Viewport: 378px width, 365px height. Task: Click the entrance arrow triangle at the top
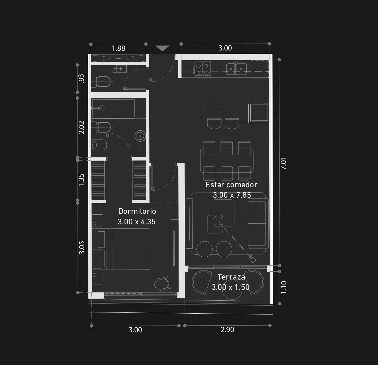[162, 48]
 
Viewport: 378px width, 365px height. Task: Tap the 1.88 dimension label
[118, 48]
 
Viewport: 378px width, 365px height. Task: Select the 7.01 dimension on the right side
[283, 163]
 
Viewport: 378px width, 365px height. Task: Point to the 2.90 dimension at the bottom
[227, 330]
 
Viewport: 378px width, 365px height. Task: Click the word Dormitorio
[137, 211]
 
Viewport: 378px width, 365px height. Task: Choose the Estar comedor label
[231, 185]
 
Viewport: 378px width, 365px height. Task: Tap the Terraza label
[231, 277]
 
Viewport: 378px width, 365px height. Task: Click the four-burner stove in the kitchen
[201, 68]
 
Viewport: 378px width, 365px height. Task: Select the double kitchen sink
[237, 69]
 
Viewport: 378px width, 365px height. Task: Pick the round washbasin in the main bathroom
[140, 136]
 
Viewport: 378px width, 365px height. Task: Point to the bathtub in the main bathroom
[113, 108]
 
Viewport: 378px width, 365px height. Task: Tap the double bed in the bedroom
[122, 249]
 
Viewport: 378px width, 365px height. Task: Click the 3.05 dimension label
[82, 248]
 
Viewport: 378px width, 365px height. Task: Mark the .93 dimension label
[81, 78]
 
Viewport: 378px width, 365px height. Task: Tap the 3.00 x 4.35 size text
[137, 222]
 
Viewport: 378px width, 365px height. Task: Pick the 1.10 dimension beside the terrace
[284, 287]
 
